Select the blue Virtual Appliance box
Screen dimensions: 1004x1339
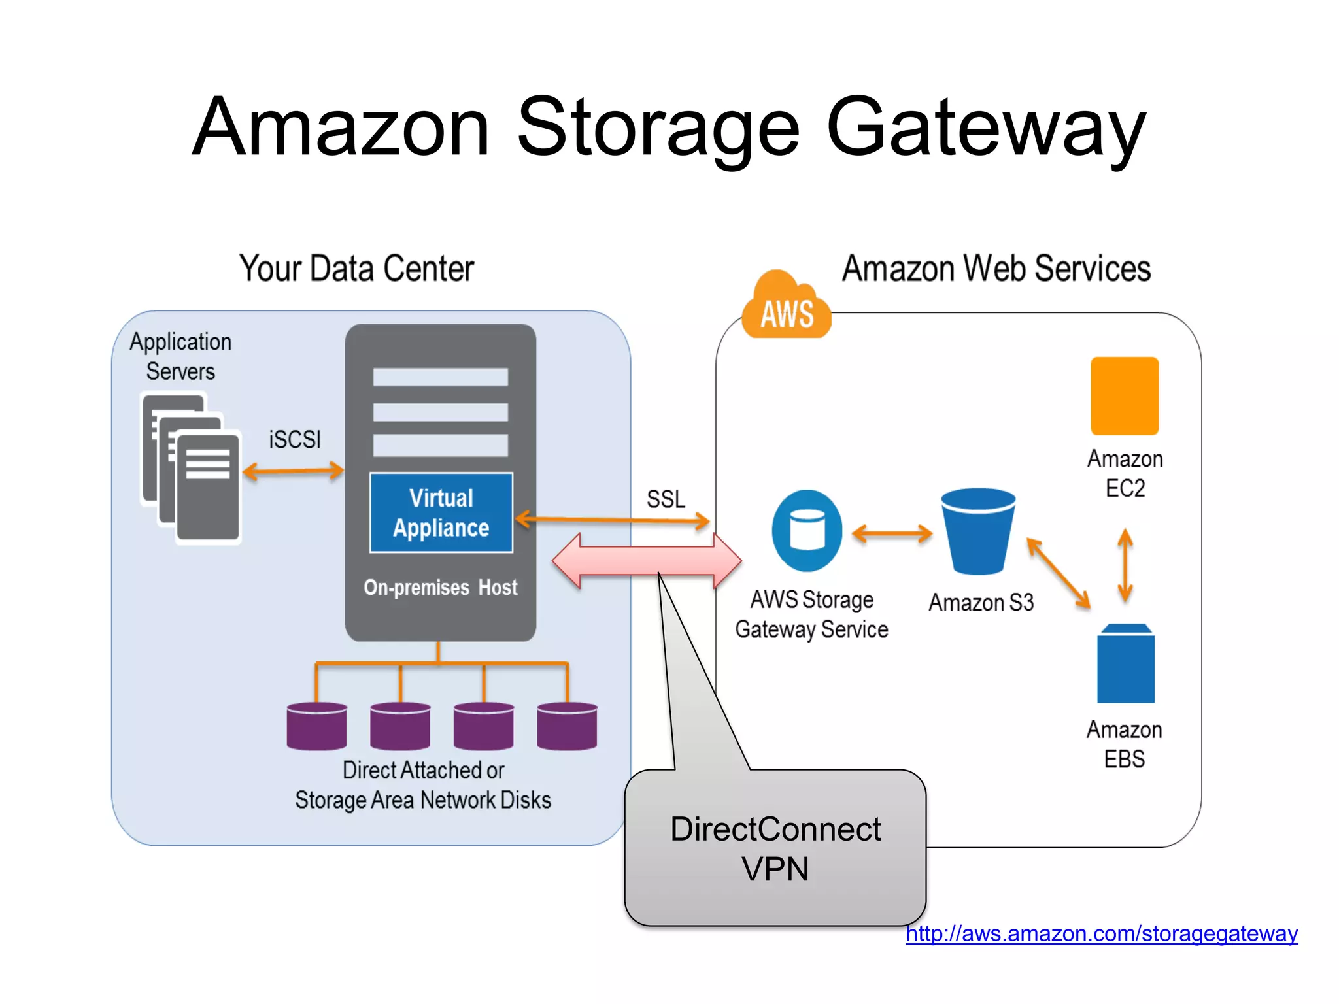click(x=441, y=512)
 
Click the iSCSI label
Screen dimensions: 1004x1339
click(x=295, y=439)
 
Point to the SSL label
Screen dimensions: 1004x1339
click(x=666, y=499)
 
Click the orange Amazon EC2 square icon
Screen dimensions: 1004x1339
click(x=1124, y=395)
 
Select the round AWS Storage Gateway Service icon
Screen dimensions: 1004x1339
click(x=807, y=530)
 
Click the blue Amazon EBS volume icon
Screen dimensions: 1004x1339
click(x=1125, y=663)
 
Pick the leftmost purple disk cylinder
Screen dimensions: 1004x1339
click(x=316, y=726)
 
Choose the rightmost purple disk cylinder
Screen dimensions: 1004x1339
click(x=567, y=726)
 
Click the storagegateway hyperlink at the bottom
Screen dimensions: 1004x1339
click(x=1101, y=933)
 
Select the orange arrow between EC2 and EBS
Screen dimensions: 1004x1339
click(x=1125, y=565)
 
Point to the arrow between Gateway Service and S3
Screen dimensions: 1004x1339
click(x=892, y=533)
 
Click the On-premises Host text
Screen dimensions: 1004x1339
click(x=440, y=588)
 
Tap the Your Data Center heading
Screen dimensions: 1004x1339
click(x=356, y=269)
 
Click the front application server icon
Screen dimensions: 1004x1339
click(x=208, y=487)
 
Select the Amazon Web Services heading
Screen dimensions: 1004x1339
click(x=996, y=269)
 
